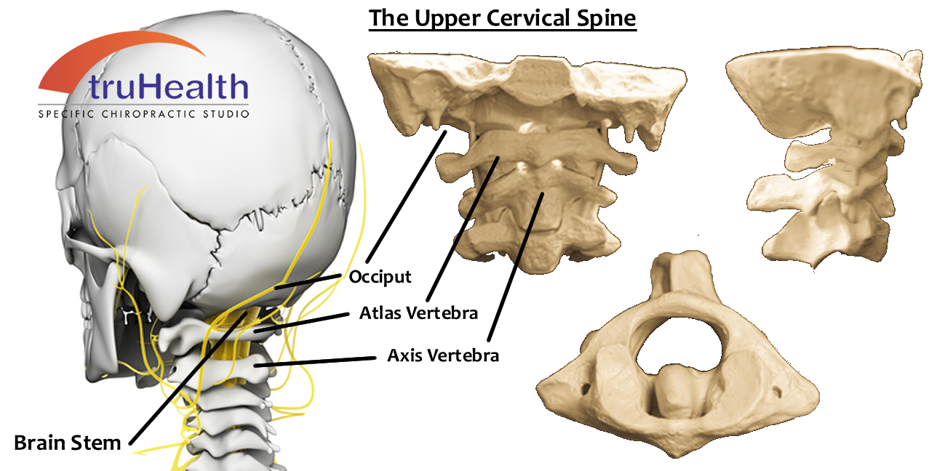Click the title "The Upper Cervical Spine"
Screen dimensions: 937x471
click(x=502, y=17)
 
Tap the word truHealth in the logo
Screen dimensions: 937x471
click(x=169, y=87)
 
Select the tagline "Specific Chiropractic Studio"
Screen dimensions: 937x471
click(x=144, y=114)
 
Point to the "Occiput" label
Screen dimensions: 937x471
click(x=380, y=277)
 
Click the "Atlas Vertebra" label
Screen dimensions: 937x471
click(x=418, y=313)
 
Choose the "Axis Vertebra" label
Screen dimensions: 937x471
click(x=443, y=356)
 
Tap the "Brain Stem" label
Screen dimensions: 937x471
click(x=67, y=443)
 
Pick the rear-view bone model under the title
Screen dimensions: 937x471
click(x=527, y=160)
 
